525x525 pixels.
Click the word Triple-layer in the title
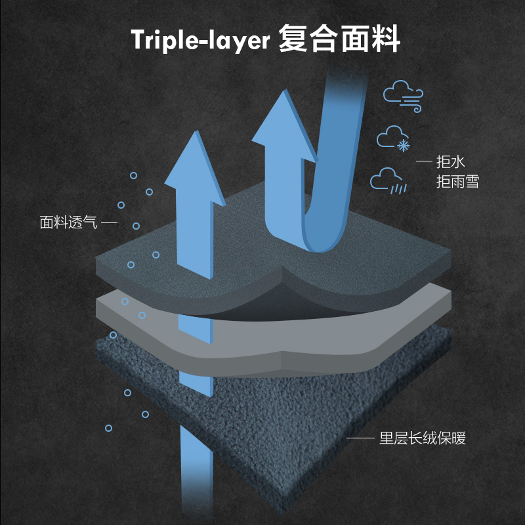click(x=201, y=40)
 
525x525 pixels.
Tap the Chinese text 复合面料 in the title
click(x=339, y=39)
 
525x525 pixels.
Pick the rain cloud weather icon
click(x=388, y=180)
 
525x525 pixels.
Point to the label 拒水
click(x=451, y=162)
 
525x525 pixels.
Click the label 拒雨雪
click(x=457, y=182)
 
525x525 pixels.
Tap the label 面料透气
click(x=68, y=222)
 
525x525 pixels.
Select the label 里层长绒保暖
click(x=423, y=438)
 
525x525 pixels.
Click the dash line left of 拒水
click(x=425, y=162)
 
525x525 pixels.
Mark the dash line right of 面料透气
click(x=110, y=223)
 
